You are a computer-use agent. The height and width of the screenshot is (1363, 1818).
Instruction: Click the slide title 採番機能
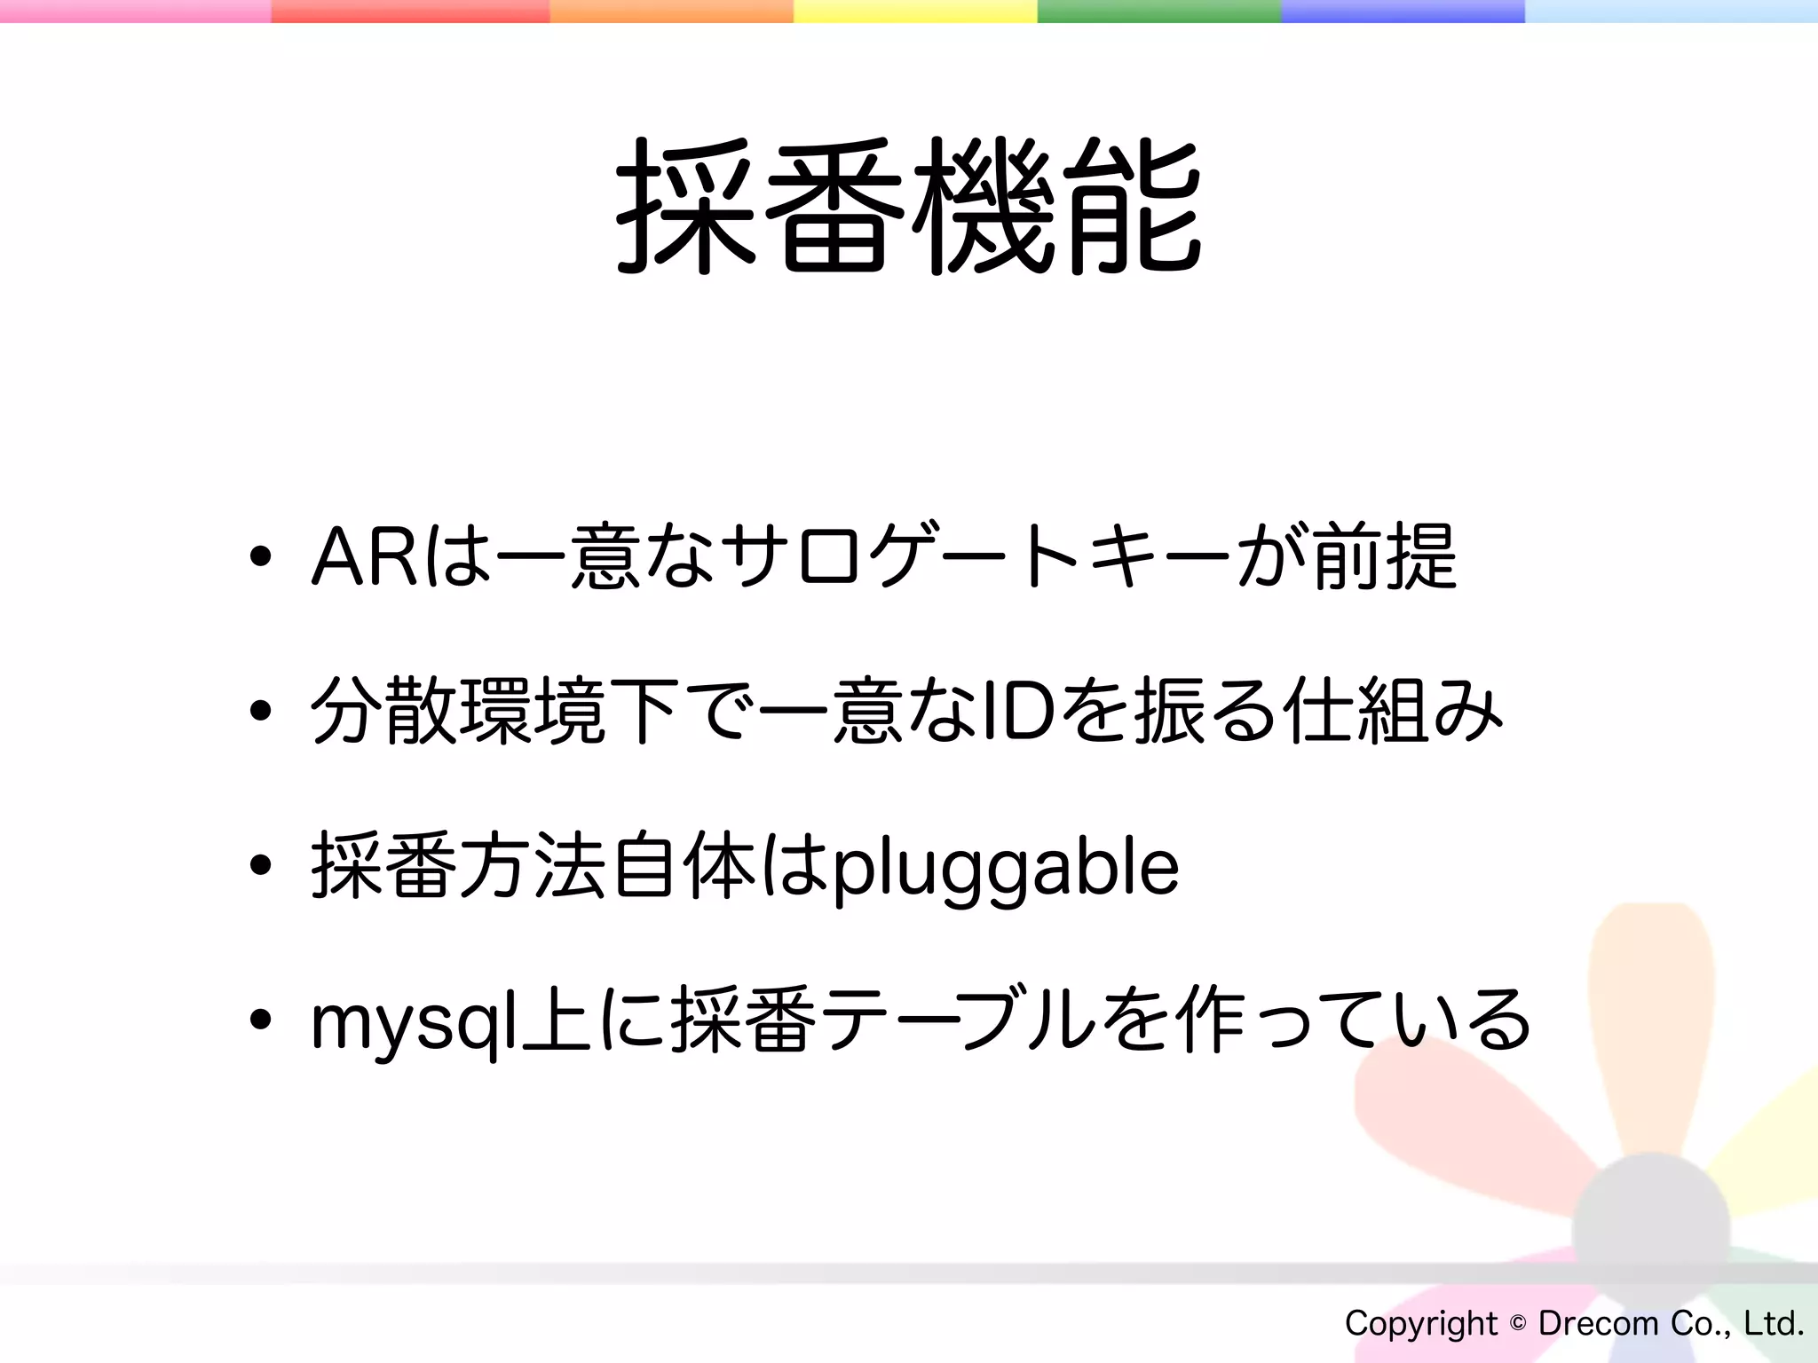click(909, 206)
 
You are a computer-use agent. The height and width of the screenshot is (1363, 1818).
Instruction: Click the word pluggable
click(1005, 868)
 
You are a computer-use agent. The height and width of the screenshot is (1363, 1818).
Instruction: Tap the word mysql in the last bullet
click(414, 1023)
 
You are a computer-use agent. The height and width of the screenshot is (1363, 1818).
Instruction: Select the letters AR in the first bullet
click(364, 557)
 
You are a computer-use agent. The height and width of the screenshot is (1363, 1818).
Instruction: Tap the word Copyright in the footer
click(1420, 1323)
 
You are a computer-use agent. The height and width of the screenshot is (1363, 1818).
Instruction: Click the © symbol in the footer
click(1518, 1323)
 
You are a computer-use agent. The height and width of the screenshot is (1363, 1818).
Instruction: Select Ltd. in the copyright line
click(1773, 1323)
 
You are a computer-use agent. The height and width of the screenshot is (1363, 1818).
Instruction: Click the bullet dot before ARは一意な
click(260, 557)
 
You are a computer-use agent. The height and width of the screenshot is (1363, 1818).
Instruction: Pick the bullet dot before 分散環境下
click(260, 712)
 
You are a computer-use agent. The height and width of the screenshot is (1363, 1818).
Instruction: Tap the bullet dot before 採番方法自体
click(260, 866)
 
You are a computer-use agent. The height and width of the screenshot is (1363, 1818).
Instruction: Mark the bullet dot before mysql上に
click(260, 1020)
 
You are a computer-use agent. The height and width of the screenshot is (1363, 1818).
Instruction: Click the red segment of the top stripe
click(410, 11)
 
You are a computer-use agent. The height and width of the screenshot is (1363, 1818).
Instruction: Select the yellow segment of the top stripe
click(914, 11)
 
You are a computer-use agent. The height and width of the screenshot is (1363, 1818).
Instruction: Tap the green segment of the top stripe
click(1158, 11)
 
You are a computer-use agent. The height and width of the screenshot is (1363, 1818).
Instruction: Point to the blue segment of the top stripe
click(1403, 11)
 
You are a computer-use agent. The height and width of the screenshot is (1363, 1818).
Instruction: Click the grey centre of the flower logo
click(1650, 1229)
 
